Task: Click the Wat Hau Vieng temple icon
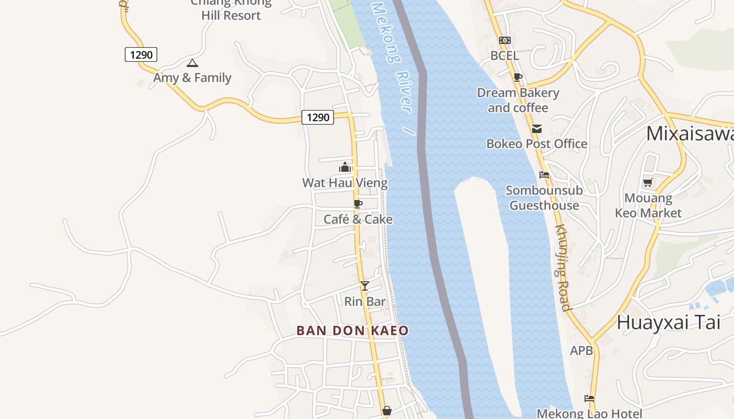[345, 168]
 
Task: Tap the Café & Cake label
[358, 219]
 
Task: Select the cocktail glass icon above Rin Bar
[365, 285]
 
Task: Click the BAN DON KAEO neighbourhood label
[352, 330]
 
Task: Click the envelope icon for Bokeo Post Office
[537, 129]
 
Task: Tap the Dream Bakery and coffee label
[518, 100]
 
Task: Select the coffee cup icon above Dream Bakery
[518, 78]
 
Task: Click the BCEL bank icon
[505, 40]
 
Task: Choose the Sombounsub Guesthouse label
[544, 198]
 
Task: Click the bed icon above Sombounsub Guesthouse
[544, 175]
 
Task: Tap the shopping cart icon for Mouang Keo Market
[648, 183]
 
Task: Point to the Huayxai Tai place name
[668, 322]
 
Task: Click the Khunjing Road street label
[563, 267]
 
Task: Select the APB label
[581, 350]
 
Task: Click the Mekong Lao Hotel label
[589, 413]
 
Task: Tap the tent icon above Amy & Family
[192, 63]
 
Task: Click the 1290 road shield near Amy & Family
[141, 54]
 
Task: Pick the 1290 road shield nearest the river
[318, 117]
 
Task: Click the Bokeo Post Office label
[537, 144]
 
